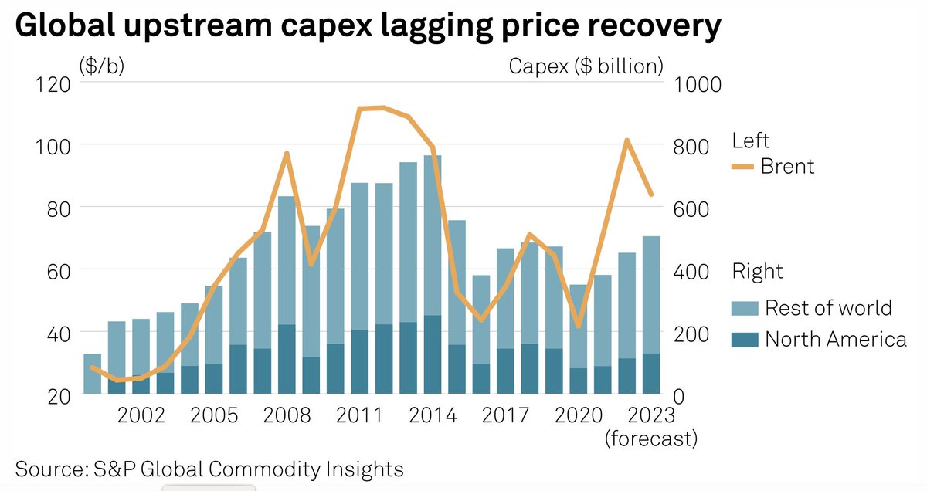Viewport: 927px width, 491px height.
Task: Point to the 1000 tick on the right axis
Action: tap(698, 83)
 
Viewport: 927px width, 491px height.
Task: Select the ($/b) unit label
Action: tap(101, 66)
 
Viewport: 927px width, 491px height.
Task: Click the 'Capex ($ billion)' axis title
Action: tap(586, 66)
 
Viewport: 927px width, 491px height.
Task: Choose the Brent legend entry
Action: tap(787, 166)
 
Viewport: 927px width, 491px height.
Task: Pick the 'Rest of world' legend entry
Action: tap(828, 308)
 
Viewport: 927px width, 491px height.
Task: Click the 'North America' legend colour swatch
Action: tap(745, 339)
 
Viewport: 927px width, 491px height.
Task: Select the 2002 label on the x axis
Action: tap(141, 415)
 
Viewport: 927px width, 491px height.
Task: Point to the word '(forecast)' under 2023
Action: tap(651, 439)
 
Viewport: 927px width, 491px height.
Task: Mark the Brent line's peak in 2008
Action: tap(287, 154)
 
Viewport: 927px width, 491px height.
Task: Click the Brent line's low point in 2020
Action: tap(578, 326)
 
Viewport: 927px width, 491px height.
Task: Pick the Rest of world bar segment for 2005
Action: tap(214, 324)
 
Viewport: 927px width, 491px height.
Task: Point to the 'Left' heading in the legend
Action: tap(750, 141)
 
